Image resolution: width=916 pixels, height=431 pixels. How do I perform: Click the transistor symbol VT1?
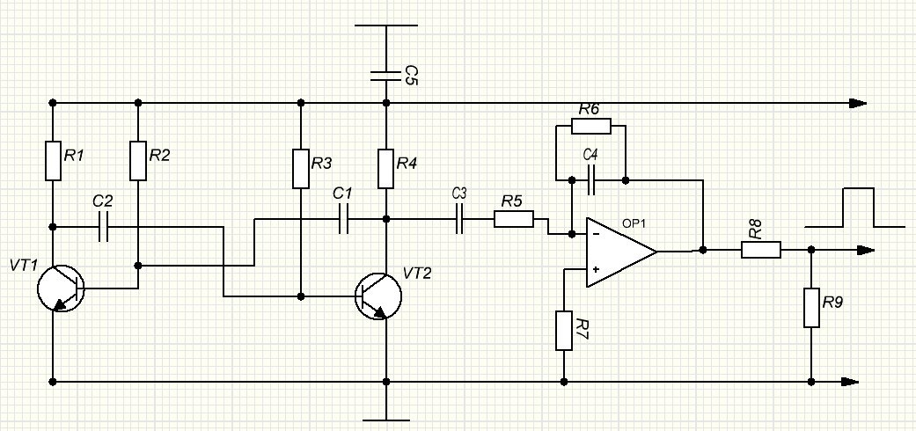61,288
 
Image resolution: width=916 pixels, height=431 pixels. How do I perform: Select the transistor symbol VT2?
378,296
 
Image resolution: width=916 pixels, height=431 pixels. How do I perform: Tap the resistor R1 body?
53,161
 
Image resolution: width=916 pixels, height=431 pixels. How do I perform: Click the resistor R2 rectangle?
138,161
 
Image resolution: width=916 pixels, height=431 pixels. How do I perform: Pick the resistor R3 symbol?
301,169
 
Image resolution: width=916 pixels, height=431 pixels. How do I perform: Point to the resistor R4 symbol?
386,169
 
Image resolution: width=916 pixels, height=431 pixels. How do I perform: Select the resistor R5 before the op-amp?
514,219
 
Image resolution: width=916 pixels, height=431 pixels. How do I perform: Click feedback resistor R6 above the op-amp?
591,126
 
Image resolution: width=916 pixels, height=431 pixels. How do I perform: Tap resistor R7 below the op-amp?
564,331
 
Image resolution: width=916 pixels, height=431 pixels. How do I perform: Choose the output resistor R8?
761,250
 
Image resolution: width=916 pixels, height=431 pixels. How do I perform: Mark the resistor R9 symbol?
811,307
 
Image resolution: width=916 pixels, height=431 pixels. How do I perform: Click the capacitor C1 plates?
343,219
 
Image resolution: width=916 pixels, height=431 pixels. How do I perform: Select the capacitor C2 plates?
104,227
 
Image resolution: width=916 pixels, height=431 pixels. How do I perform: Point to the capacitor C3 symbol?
459,219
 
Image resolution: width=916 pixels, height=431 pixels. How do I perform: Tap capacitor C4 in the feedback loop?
591,179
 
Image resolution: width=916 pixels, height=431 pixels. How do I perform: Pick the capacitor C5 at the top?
386,76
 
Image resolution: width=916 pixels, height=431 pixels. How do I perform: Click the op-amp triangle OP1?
621,252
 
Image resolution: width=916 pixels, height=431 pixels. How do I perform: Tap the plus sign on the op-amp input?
597,269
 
